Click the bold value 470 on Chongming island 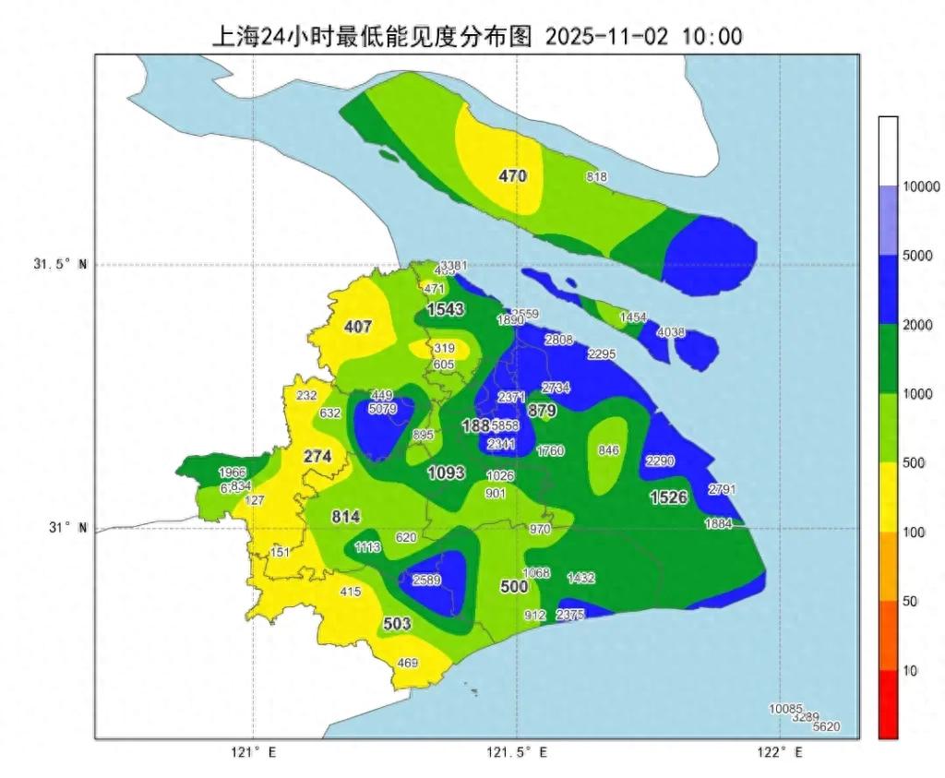coord(512,175)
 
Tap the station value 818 coord(597,177)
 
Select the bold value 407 coord(357,327)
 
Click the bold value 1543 coord(445,309)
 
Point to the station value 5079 coord(381,408)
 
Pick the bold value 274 coord(317,456)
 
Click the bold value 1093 coord(446,473)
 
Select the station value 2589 coord(426,580)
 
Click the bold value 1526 coord(669,497)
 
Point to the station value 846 coord(608,450)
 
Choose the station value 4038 coord(671,332)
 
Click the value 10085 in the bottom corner coord(785,709)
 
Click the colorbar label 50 coord(909,602)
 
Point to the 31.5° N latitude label coord(54,265)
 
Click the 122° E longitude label coord(780,753)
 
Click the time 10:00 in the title coord(712,37)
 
